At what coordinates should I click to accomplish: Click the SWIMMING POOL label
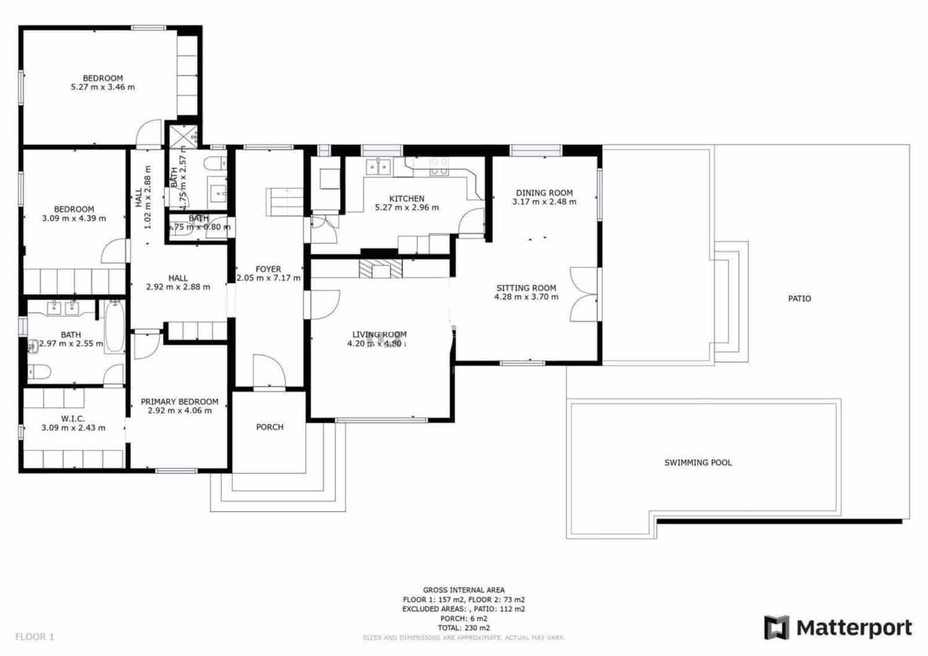[x=698, y=463]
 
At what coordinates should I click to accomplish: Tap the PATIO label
[x=799, y=299]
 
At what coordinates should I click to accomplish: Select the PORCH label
[x=270, y=427]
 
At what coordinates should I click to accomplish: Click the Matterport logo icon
[x=777, y=628]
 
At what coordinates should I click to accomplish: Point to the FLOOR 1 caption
[x=35, y=637]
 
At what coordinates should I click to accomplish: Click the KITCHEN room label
[x=407, y=198]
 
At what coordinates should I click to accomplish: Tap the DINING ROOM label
[x=544, y=193]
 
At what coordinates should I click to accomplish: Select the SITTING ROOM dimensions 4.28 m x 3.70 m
[x=526, y=297]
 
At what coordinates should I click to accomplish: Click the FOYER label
[x=268, y=269]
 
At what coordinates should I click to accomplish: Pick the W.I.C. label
[x=73, y=419]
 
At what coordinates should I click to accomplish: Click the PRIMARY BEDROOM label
[x=179, y=401]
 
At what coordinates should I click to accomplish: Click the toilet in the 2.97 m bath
[x=39, y=371]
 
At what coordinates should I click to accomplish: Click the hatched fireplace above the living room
[x=380, y=269]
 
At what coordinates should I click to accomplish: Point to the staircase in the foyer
[x=284, y=202]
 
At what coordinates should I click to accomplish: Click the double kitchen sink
[x=378, y=167]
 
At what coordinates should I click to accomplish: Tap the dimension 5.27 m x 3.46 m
[x=103, y=87]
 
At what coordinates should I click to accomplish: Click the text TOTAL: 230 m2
[x=463, y=628]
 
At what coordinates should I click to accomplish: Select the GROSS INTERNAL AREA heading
[x=463, y=590]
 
